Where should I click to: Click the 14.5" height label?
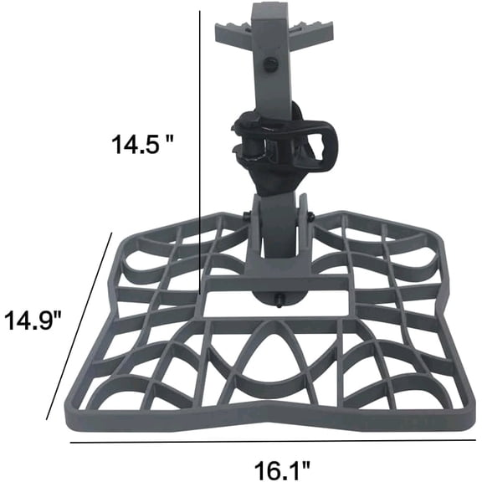click(x=142, y=143)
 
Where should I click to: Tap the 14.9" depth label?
click(x=32, y=320)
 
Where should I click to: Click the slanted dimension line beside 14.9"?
click(x=79, y=326)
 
